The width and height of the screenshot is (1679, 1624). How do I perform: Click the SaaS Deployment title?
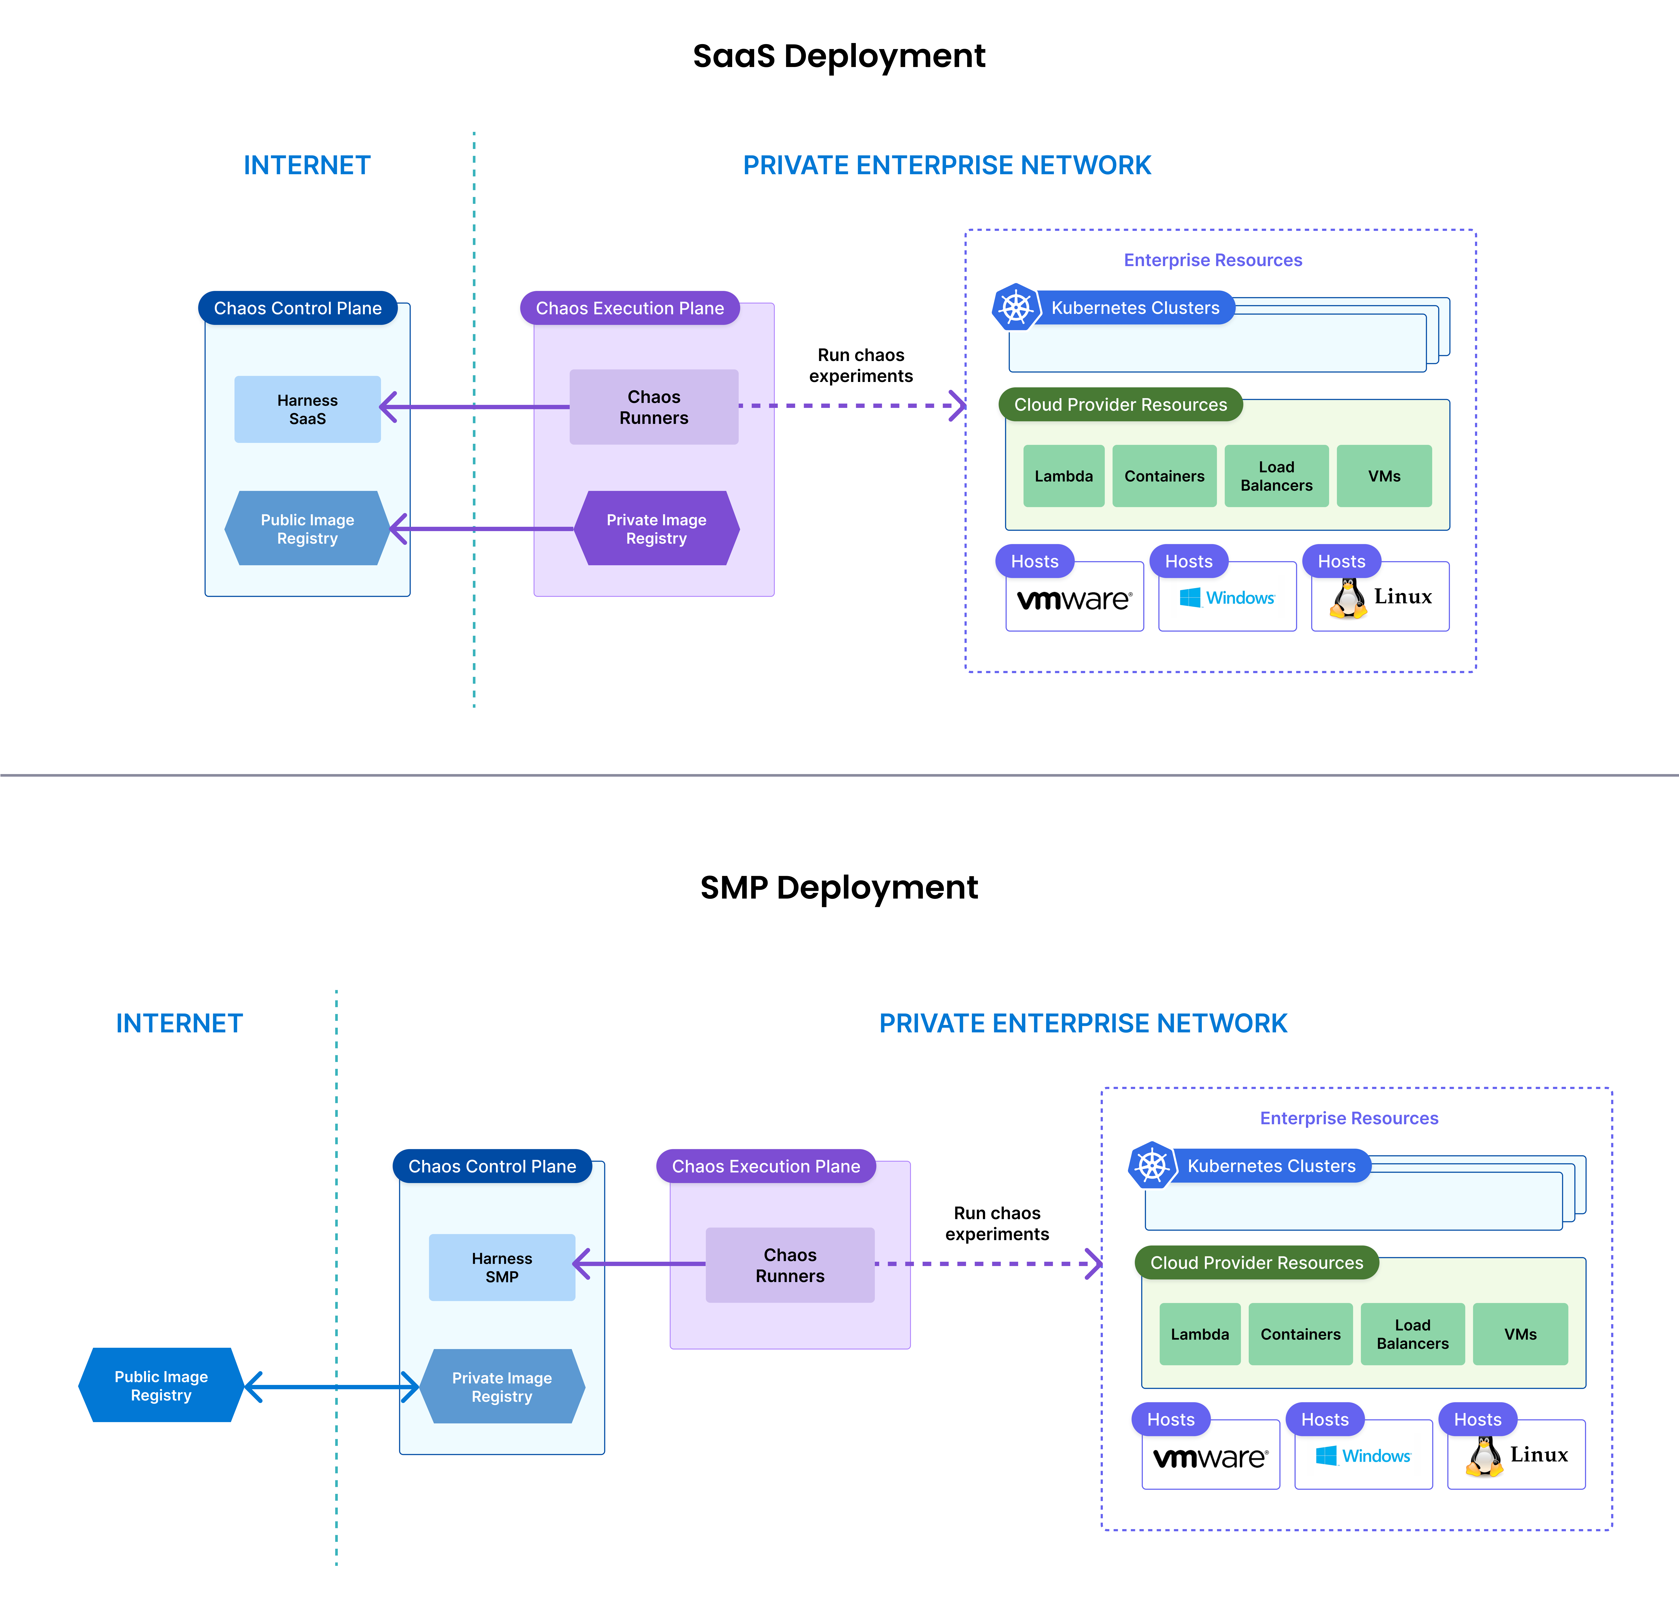(839, 57)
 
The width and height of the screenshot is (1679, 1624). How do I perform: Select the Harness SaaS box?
(308, 410)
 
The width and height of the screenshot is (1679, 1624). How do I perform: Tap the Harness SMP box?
(502, 1268)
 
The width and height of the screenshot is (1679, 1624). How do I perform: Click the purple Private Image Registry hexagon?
(656, 529)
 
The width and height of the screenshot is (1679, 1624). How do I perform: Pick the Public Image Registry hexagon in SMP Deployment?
(161, 1386)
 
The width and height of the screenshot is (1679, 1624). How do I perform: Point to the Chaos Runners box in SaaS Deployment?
(654, 407)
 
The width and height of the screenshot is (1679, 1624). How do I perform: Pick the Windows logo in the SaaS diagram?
(1190, 597)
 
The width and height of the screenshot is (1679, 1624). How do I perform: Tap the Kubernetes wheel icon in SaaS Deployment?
(1016, 307)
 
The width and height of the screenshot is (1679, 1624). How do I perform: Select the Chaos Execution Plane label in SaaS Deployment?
(630, 308)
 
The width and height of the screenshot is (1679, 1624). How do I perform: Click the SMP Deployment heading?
(839, 888)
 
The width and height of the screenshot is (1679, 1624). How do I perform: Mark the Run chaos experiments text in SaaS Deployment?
(861, 366)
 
